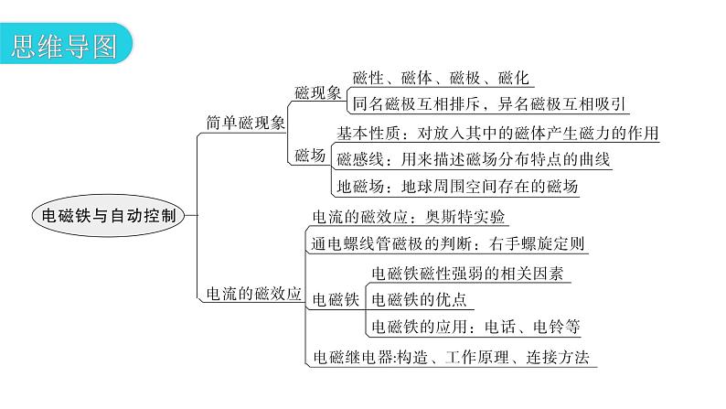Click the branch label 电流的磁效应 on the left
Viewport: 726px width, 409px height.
coord(250,295)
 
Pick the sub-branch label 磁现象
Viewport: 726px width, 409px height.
coord(318,91)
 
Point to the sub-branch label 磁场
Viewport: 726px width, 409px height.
coord(310,156)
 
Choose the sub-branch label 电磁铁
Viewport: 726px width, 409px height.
coord(336,299)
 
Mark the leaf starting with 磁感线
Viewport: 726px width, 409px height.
coord(474,159)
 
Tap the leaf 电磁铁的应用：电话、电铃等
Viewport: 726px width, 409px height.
coord(475,327)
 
